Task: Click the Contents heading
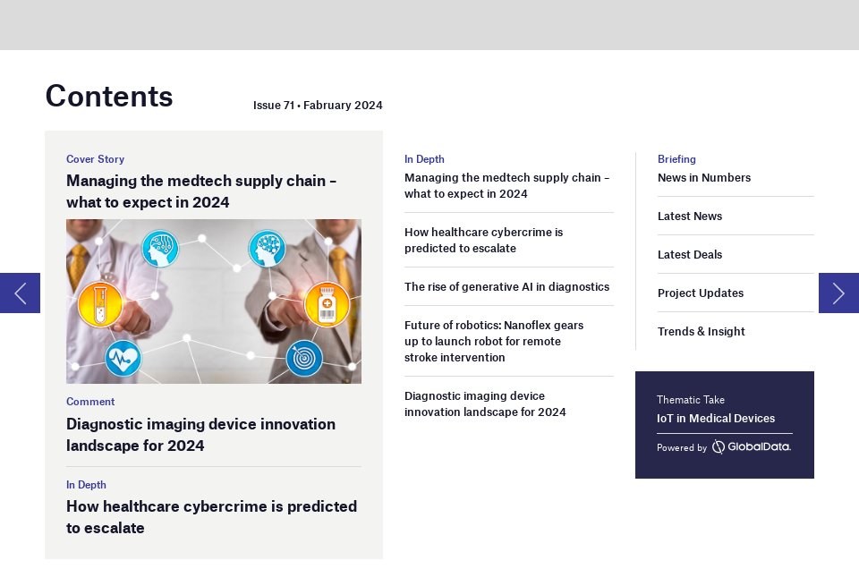click(x=109, y=96)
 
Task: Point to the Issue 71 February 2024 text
click(x=318, y=106)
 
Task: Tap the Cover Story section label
click(x=95, y=159)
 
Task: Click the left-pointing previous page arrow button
click(x=20, y=293)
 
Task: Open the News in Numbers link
click(x=703, y=178)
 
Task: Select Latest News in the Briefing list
click(x=689, y=217)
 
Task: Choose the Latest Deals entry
click(x=689, y=255)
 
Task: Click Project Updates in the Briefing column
click(x=700, y=293)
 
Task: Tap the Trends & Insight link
click(x=701, y=332)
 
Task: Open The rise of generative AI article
click(x=506, y=287)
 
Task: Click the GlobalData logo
click(x=751, y=446)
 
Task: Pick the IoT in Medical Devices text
click(x=715, y=419)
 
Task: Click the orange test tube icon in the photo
click(x=100, y=304)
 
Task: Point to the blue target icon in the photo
click(x=304, y=359)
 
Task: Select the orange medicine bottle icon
click(x=327, y=304)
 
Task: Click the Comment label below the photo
click(x=90, y=402)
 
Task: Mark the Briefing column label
click(x=676, y=159)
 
